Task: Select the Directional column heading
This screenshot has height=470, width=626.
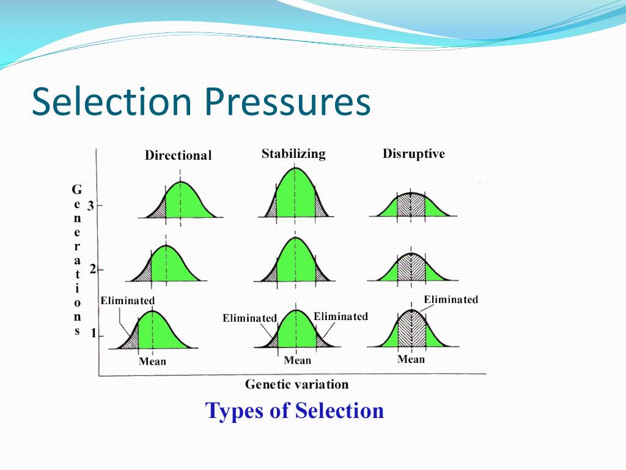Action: tap(178, 155)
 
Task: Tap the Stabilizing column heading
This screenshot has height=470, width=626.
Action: tap(293, 153)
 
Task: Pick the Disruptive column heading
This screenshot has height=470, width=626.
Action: tap(414, 154)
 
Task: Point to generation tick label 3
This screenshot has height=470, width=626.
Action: tap(90, 206)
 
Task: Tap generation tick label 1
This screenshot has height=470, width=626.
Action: tap(94, 334)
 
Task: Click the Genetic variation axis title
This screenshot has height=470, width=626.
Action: tap(296, 384)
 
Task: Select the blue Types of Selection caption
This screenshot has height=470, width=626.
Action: tap(295, 410)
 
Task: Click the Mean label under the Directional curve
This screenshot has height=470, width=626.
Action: tap(152, 361)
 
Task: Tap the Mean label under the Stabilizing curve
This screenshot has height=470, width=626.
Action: tap(297, 360)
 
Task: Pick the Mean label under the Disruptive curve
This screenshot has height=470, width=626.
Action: tap(411, 359)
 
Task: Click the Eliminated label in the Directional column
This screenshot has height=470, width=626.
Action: tap(128, 300)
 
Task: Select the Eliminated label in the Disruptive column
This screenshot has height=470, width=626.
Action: tap(451, 299)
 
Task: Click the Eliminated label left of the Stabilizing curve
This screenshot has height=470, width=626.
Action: tap(249, 318)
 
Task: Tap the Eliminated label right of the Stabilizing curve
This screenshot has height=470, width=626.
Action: tap(341, 316)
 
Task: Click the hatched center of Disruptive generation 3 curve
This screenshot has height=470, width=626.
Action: tap(411, 205)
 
